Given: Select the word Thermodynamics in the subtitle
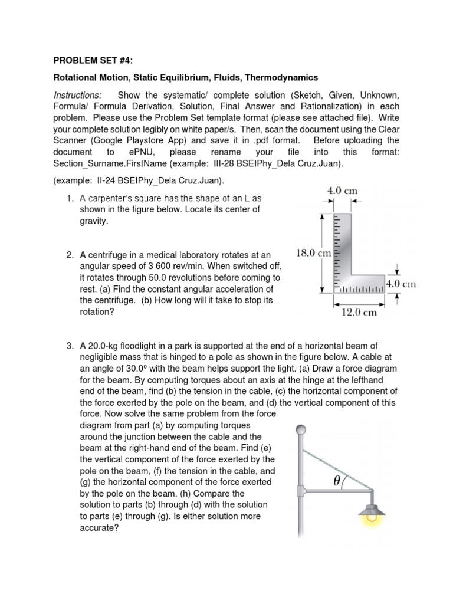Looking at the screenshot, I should (281, 77).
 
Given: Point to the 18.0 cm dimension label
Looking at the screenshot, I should (313, 253).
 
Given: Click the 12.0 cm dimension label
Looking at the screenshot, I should (359, 313).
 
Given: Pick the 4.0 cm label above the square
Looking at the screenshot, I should (342, 191).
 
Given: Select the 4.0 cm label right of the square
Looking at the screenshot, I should (401, 284).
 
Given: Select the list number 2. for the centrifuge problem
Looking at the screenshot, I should (70, 255).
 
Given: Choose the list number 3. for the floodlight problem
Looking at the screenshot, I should (70, 346).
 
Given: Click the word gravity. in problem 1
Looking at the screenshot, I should (94, 221).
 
